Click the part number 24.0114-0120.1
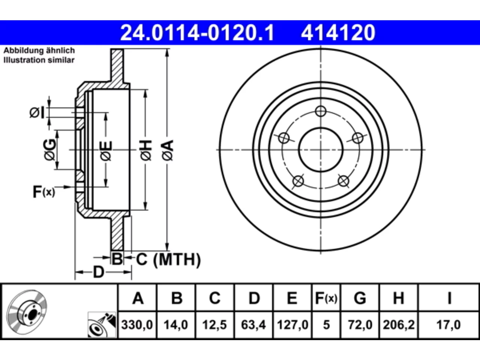[197, 33]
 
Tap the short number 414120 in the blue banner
[338, 33]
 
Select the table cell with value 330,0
[137, 325]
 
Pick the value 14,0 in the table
[176, 325]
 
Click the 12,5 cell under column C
[214, 325]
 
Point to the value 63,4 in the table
[253, 325]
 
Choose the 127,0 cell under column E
[292, 325]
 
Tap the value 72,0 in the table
[360, 325]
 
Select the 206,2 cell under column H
[399, 325]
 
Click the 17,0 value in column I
[448, 325]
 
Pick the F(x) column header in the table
[326, 298]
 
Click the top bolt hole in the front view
[321, 111]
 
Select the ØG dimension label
[49, 150]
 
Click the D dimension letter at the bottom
[99, 272]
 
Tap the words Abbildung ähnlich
[39, 51]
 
